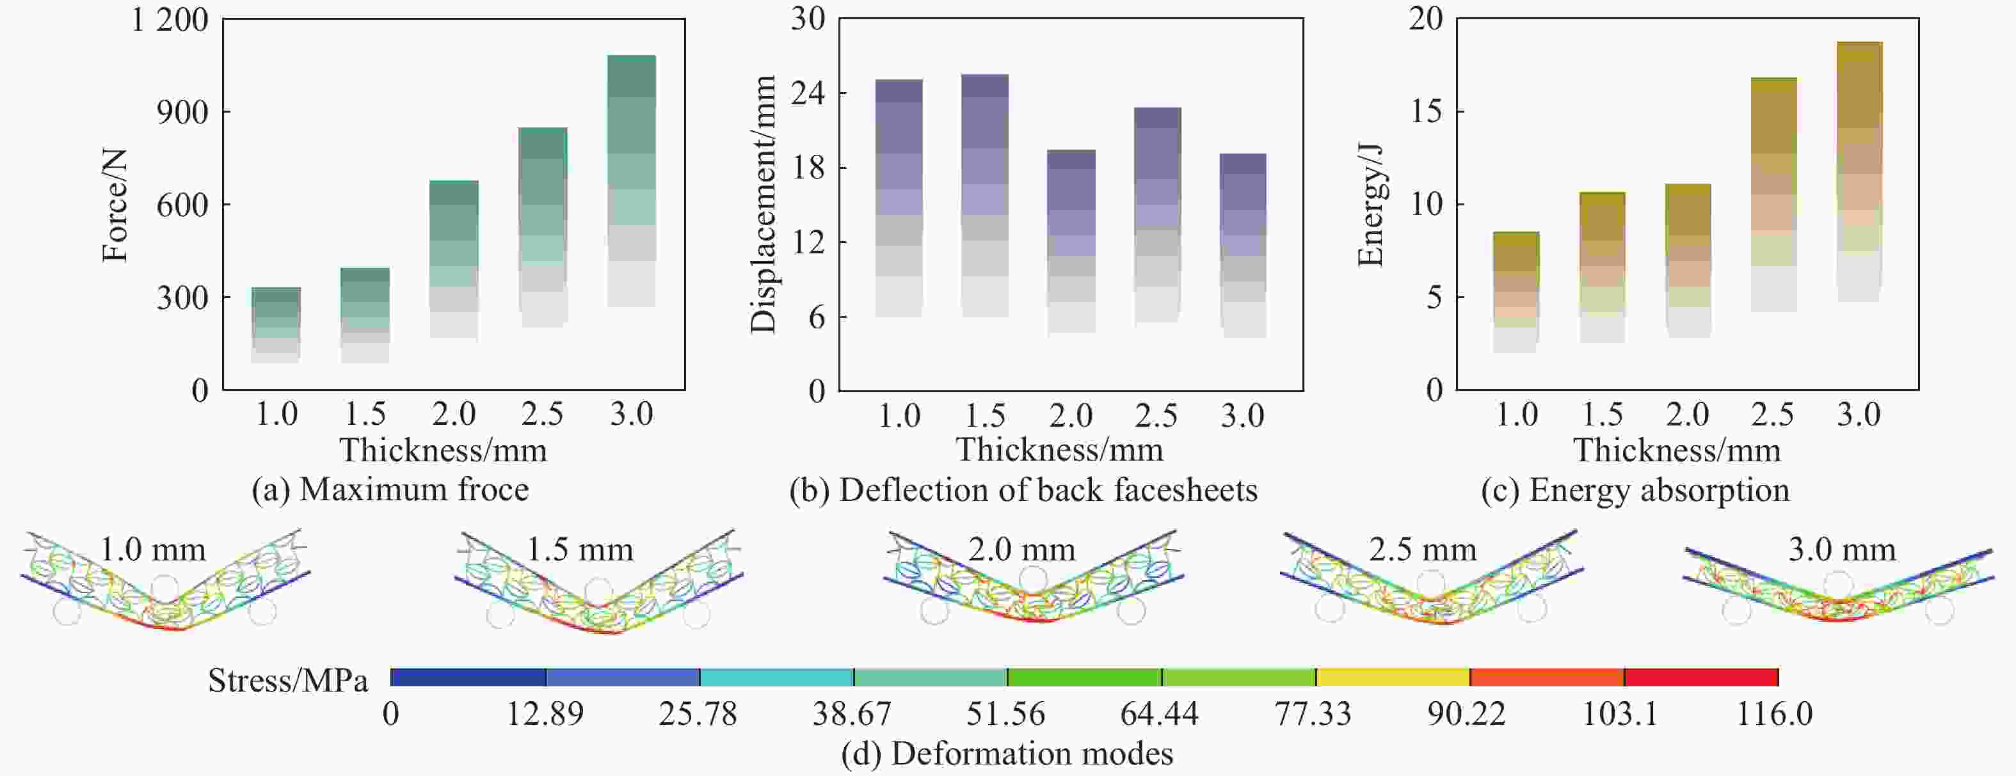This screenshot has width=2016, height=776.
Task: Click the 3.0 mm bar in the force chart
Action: (631, 180)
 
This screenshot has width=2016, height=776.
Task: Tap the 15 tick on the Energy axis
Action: (1426, 111)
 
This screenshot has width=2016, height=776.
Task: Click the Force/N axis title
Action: (115, 205)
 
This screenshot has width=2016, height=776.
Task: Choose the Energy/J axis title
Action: (1370, 205)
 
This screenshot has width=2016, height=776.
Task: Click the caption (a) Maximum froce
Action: (390, 489)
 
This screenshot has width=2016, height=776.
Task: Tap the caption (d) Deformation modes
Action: (1007, 754)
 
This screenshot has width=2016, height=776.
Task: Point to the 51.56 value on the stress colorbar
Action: (1005, 714)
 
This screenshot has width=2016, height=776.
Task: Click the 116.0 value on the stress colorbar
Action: (1774, 714)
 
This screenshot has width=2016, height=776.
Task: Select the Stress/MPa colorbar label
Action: (287, 681)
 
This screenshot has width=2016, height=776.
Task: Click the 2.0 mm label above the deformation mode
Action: (1021, 550)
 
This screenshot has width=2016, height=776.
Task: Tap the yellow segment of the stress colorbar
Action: (1393, 677)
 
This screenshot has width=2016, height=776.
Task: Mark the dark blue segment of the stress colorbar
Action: (468, 677)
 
